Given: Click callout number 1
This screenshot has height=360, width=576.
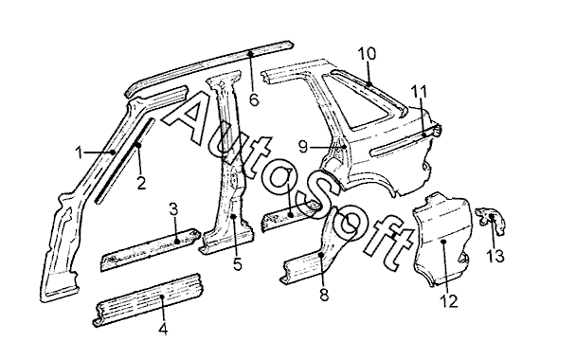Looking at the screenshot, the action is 80,153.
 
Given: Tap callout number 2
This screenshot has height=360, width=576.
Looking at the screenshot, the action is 141,183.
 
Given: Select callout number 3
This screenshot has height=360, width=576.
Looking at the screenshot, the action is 173,209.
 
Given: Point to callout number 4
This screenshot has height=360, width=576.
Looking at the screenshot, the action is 164,329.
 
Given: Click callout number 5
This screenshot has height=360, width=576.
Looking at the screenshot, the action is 238,263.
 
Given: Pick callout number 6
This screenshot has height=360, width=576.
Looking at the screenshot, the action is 254,99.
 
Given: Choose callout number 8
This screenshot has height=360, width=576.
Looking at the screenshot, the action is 324,294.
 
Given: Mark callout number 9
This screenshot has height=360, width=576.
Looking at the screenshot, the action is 303,147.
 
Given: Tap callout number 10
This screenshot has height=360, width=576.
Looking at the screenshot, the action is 367,54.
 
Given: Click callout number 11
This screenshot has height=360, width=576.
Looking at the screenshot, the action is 419,92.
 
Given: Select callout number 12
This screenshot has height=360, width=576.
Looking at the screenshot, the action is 449,301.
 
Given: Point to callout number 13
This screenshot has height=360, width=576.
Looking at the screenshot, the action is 495,256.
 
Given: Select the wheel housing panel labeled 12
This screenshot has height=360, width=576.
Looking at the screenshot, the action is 441,239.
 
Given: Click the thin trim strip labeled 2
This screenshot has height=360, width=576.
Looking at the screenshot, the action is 125,160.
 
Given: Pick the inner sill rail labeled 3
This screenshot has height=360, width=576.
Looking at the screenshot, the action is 151,249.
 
